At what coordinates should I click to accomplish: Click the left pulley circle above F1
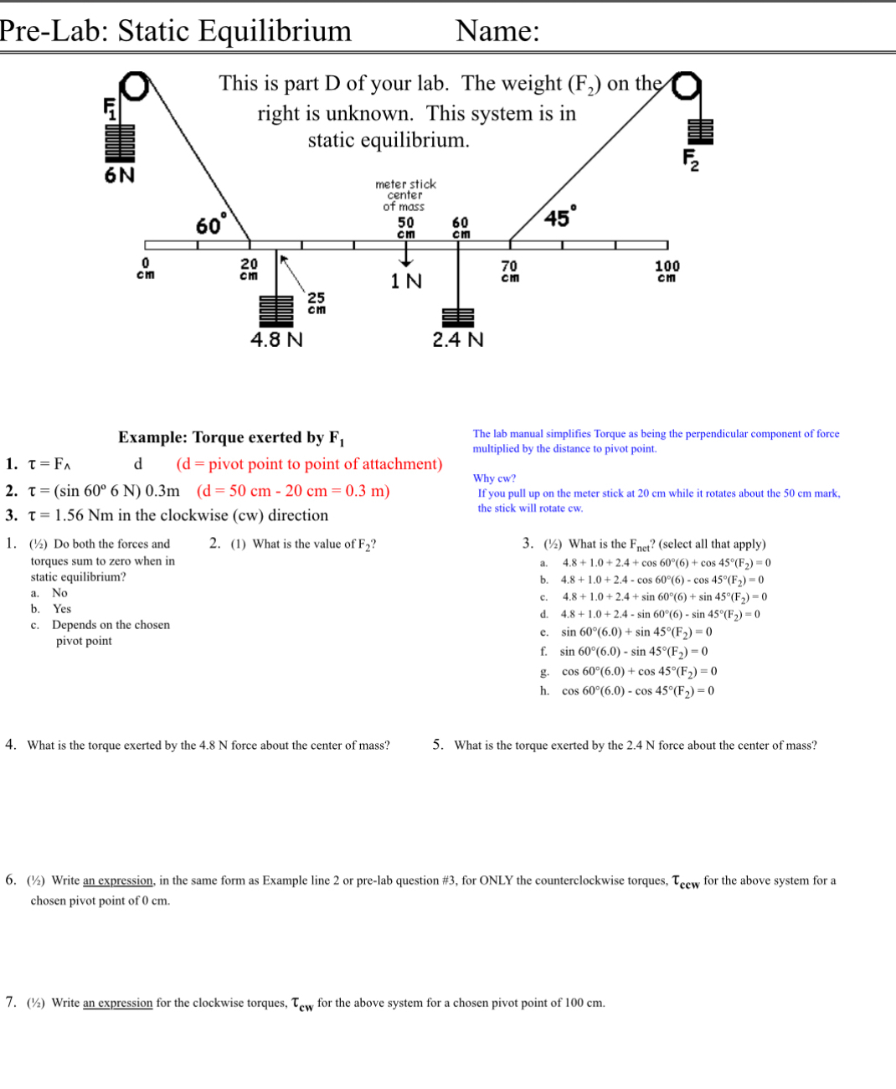134,87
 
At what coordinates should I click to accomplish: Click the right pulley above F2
686,85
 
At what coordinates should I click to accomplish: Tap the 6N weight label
119,175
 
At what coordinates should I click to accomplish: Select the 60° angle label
210,225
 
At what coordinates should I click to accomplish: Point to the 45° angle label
559,216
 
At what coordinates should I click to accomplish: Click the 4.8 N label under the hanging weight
277,339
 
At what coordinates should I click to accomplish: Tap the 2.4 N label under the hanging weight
458,339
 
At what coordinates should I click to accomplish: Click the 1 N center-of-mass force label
406,281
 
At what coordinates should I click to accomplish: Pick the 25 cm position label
317,303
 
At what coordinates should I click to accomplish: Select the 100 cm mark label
667,271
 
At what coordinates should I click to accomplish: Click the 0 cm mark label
145,269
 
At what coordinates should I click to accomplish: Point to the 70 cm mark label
509,271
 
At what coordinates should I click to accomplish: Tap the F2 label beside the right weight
691,159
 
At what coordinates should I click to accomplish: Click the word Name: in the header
497,31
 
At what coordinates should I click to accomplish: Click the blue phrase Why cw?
494,478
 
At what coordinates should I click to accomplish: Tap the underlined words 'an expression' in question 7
117,1003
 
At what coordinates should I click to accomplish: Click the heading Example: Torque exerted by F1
231,437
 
